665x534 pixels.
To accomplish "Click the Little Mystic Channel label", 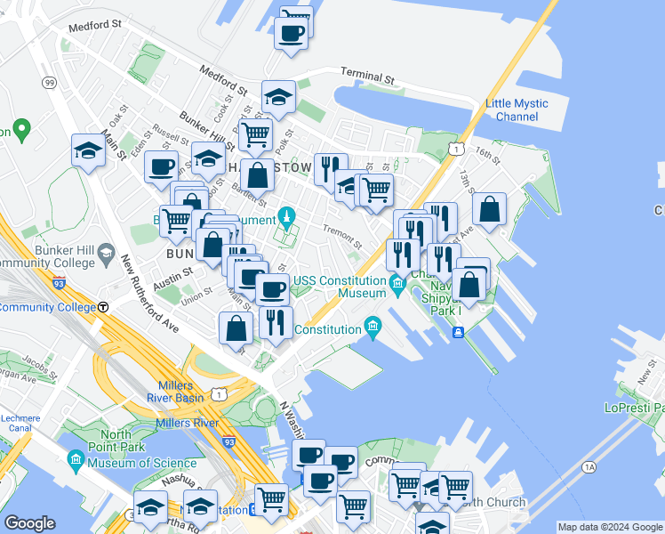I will pos(517,110).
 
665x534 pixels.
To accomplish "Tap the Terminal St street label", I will pos(367,77).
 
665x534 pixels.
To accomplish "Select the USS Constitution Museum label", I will pos(341,287).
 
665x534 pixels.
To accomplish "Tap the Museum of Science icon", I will pos(76,460).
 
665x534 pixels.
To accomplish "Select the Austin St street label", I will pos(172,277).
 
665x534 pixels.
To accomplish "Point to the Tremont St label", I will pos(341,237).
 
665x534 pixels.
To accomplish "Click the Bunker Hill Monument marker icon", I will pos(286,216).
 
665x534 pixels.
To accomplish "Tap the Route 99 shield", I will pos(49,83).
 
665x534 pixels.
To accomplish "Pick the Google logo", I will pos(29,523).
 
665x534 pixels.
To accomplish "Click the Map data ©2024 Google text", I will pos(609,527).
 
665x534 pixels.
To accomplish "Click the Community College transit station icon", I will pos(103,307).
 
